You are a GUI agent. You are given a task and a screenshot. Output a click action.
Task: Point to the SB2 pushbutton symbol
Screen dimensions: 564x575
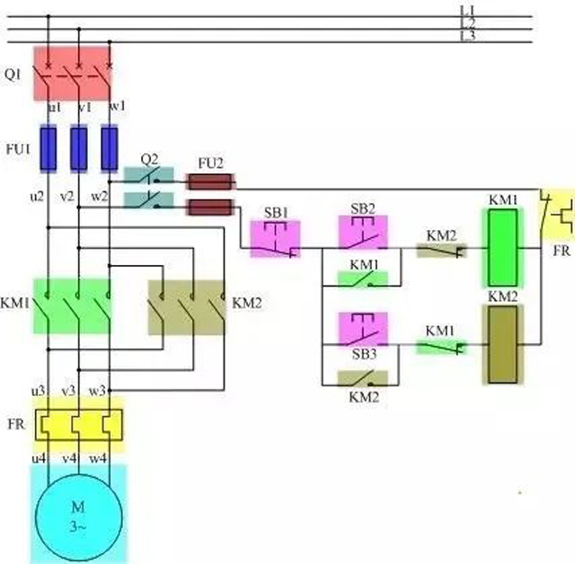click(363, 233)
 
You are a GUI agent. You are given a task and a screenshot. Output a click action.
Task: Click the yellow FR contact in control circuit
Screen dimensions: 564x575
click(555, 216)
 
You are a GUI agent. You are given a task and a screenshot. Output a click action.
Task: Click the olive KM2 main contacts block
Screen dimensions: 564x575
click(187, 307)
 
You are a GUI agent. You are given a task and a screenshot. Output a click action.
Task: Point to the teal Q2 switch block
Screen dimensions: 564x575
click(149, 187)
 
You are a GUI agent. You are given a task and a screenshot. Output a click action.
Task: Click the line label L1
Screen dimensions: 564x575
click(467, 9)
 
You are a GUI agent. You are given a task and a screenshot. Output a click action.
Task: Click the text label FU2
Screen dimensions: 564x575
click(210, 163)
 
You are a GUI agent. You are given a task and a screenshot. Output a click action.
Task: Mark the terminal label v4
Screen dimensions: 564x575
click(68, 459)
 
